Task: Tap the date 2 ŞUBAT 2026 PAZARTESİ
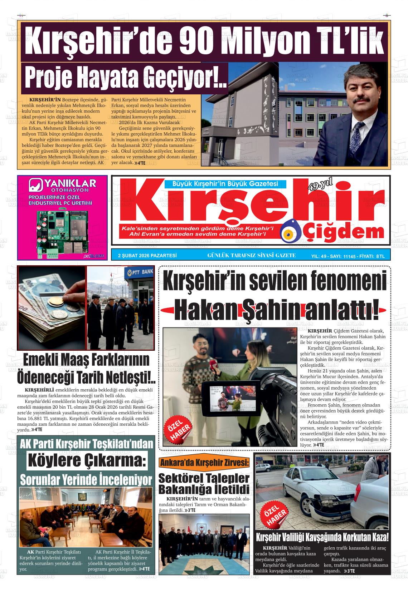147,256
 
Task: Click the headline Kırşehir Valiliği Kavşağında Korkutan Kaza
322,537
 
